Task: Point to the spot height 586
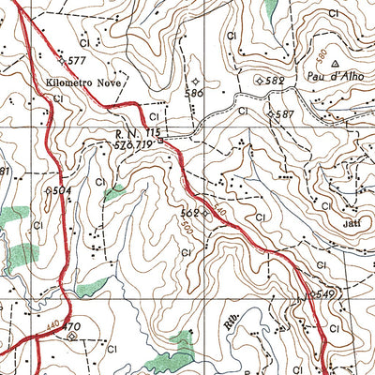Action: (x=195, y=94)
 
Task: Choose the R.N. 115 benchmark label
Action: (x=134, y=135)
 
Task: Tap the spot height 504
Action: (x=62, y=190)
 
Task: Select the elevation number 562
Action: (x=190, y=213)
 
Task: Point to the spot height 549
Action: (x=324, y=293)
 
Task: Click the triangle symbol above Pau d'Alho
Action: (x=336, y=64)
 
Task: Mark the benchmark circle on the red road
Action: (x=161, y=142)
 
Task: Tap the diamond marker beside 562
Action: (x=204, y=213)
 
